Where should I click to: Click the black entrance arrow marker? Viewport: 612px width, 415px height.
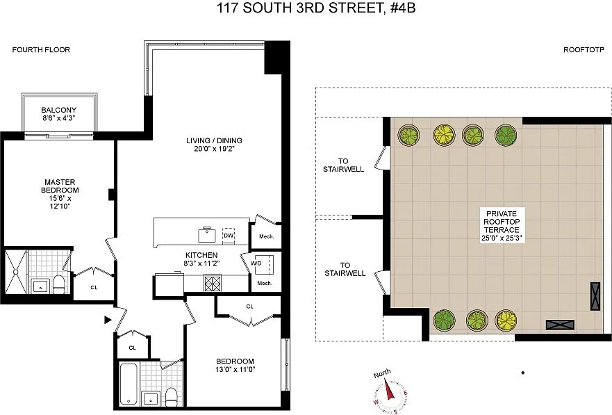coord(108,320)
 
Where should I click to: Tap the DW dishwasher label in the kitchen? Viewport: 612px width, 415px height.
coord(229,236)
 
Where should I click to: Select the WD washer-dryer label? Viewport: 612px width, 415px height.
coord(256,263)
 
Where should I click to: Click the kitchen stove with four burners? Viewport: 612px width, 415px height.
coord(213,284)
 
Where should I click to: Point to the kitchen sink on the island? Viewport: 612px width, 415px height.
coord(207,235)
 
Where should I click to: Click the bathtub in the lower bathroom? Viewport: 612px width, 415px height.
coord(129,384)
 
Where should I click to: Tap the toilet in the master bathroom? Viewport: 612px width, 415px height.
coord(58,284)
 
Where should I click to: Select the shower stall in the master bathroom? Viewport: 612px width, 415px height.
coord(16,272)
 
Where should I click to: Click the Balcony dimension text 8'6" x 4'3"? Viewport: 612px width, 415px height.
coord(58,118)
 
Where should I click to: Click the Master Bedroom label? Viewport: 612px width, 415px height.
coord(60,186)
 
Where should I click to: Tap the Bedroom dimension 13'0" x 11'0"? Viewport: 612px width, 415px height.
coord(235,369)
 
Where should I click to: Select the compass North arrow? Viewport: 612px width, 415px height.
coord(390,389)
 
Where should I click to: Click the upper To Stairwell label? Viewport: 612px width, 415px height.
coord(343,165)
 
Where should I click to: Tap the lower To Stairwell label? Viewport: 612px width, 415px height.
coord(345,269)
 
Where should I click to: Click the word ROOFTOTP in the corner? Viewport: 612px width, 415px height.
coord(584,49)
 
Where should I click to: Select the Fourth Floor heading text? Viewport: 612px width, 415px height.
coord(41,49)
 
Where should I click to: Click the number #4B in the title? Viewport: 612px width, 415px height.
coord(402,8)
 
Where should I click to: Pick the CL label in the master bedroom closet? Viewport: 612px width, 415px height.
coord(94,287)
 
